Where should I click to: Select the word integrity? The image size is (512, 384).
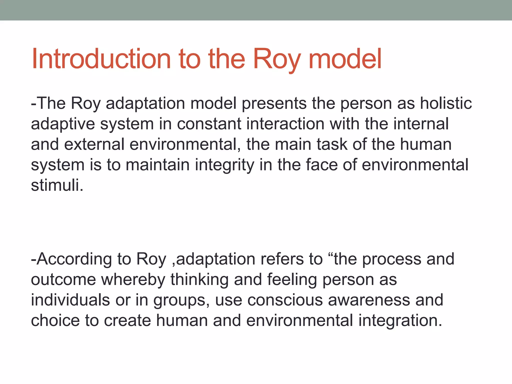224,165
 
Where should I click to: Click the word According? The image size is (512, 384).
73,259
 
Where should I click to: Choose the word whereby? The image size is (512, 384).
133,279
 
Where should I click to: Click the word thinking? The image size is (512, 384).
199,279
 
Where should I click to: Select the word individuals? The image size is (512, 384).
70,300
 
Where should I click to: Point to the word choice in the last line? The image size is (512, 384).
55,320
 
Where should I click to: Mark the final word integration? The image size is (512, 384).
400,320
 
